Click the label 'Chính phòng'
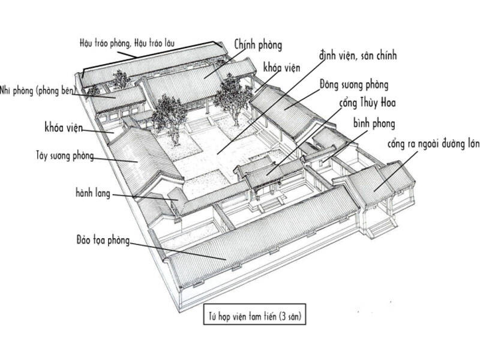[x=259, y=44]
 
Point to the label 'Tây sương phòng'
[x=65, y=157]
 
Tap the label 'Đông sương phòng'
[x=354, y=84]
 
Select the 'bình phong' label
[x=374, y=124]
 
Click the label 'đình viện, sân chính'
[x=361, y=56]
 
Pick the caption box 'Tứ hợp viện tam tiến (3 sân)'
[x=254, y=315]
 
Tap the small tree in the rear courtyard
[x=121, y=79]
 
